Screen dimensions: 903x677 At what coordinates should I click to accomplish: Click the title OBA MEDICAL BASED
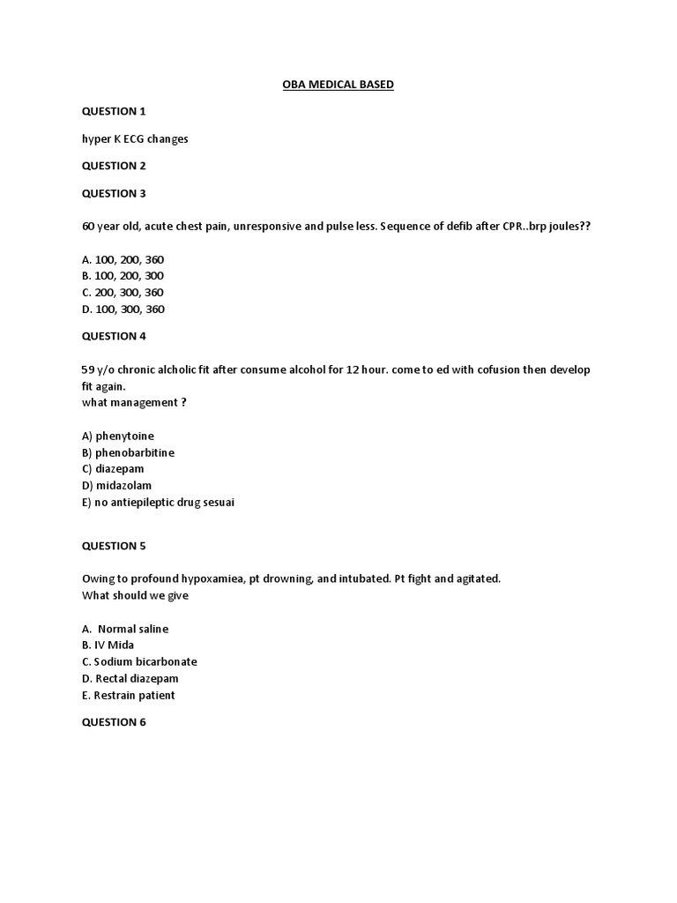point(338,85)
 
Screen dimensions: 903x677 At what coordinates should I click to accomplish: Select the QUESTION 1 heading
point(114,111)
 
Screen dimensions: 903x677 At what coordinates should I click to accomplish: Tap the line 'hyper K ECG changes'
point(135,138)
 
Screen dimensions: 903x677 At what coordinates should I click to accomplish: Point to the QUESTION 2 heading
point(114,166)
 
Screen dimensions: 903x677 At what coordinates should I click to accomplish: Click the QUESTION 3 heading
point(114,193)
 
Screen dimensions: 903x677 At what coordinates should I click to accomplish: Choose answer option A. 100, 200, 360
point(123,259)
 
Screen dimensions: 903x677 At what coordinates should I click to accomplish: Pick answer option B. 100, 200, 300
point(123,276)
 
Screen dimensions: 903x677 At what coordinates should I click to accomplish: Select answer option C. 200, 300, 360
point(123,293)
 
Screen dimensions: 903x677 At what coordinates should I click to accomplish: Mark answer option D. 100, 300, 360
point(123,310)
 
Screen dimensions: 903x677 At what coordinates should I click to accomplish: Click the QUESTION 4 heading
point(114,336)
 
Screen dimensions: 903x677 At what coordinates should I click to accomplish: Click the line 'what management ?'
point(134,403)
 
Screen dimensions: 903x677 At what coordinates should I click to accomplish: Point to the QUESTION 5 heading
point(114,546)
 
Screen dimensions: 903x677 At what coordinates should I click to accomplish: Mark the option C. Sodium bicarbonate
point(139,662)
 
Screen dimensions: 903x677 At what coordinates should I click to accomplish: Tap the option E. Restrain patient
point(128,696)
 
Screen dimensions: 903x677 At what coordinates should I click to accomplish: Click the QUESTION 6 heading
point(114,722)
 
